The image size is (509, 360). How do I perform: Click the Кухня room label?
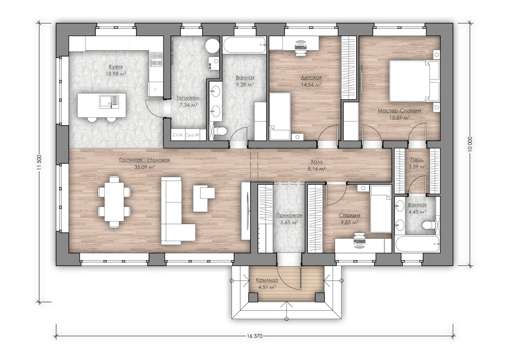[x=116, y=67]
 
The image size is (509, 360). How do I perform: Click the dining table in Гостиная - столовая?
[x=114, y=202]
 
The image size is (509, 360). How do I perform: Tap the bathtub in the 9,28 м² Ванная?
[x=244, y=45]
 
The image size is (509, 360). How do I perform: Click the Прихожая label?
[x=289, y=216]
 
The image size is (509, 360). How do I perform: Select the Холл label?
[x=317, y=162]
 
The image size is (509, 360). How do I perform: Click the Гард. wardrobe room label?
[x=417, y=159]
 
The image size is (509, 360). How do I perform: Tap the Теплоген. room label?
[x=188, y=97]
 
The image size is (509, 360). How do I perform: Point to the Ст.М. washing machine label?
[x=177, y=135]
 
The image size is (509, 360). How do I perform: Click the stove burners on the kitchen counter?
[x=157, y=60]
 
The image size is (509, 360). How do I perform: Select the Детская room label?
[x=311, y=77]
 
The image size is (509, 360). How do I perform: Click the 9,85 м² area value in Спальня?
[x=350, y=222]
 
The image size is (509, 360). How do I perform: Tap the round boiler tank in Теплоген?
[x=212, y=45]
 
